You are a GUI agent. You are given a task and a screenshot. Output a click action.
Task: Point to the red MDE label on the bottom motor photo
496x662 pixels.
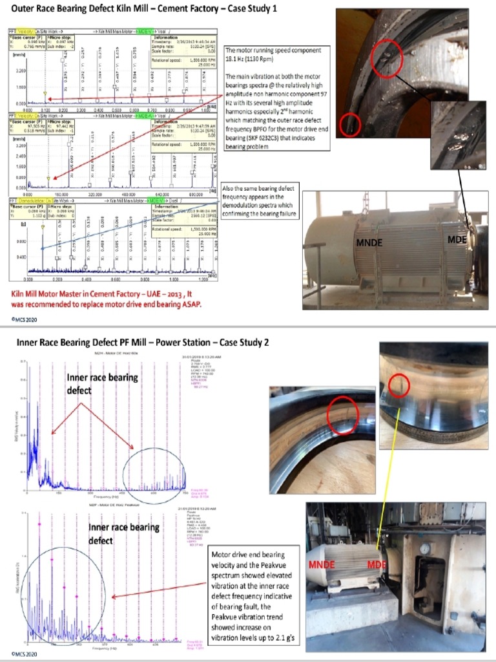coord(378,564)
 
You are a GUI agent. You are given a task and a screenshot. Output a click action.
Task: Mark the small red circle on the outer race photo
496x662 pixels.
coord(350,123)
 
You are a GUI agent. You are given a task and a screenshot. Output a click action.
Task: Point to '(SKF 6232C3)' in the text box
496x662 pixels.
coord(265,139)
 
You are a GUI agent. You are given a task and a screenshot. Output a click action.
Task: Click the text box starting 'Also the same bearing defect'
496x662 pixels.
coord(261,201)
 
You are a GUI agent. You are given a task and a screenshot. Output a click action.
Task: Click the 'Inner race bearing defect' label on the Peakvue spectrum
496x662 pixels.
coord(124,533)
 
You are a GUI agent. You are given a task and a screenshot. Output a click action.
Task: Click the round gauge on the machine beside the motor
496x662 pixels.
coord(424,549)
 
